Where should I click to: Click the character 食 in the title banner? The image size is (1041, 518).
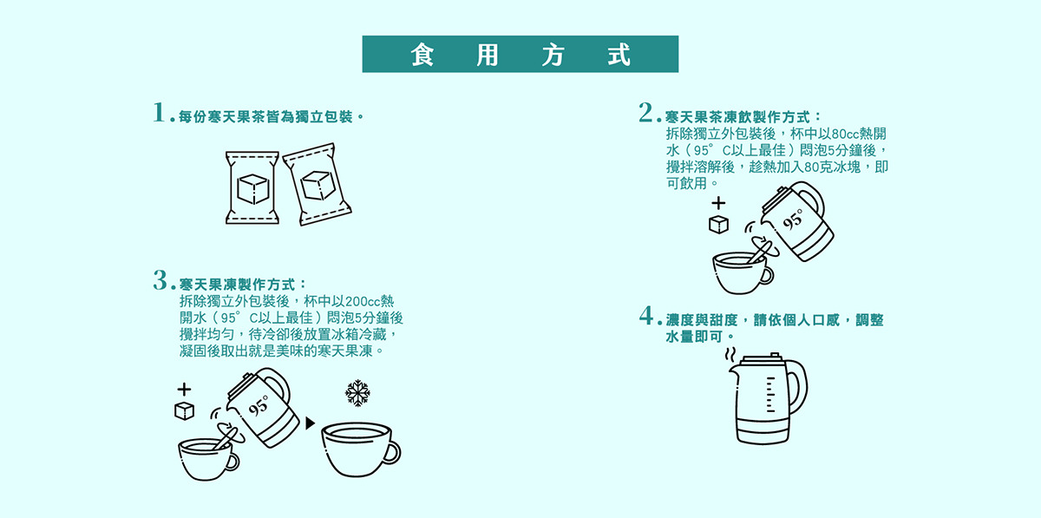tap(422, 55)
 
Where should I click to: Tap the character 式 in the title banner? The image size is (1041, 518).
tap(619, 55)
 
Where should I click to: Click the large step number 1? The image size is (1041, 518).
tap(159, 113)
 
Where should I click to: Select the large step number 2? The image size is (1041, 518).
tap(645, 113)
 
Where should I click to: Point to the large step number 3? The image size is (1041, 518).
tap(160, 280)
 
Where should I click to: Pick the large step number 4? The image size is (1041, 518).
tap(646, 315)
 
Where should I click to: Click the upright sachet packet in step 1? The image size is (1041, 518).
tap(252, 187)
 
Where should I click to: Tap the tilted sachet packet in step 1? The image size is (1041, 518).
tap(317, 184)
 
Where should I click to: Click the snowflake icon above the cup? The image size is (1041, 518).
tap(357, 393)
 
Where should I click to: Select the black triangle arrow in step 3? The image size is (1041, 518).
tap(310, 423)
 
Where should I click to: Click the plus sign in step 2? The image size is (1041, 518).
tap(718, 203)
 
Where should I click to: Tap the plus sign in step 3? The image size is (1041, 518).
tap(184, 390)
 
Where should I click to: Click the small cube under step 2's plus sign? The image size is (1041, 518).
tap(718, 225)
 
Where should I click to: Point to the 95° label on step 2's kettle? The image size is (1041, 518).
tap(793, 220)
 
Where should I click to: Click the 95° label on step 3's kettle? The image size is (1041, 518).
tap(259, 405)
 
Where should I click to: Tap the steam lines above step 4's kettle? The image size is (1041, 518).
tap(730, 355)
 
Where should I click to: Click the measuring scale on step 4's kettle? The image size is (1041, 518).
tap(770, 394)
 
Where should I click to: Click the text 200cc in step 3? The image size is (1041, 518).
tap(363, 302)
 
